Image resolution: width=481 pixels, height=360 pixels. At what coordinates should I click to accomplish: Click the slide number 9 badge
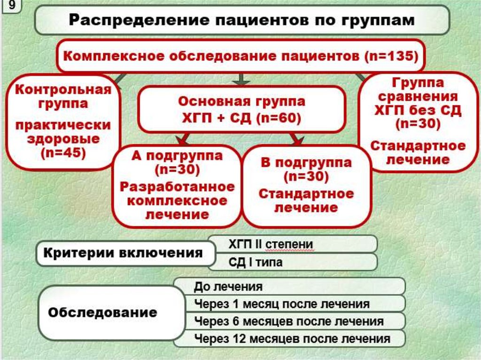click(x=10, y=8)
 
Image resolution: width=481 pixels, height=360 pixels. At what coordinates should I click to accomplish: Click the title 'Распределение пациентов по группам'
click(x=242, y=21)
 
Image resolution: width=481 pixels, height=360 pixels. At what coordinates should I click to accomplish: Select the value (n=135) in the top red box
click(x=391, y=56)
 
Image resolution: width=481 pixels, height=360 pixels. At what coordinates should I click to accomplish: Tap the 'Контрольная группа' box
click(x=63, y=121)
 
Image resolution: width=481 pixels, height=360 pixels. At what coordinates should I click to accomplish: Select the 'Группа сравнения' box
click(x=418, y=122)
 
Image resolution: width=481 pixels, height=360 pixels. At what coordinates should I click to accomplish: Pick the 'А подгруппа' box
click(x=177, y=185)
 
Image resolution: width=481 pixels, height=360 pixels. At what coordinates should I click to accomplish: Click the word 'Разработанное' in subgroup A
click(x=177, y=187)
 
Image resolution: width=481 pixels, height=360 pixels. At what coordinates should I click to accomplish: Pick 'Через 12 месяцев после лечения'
click(x=292, y=338)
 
